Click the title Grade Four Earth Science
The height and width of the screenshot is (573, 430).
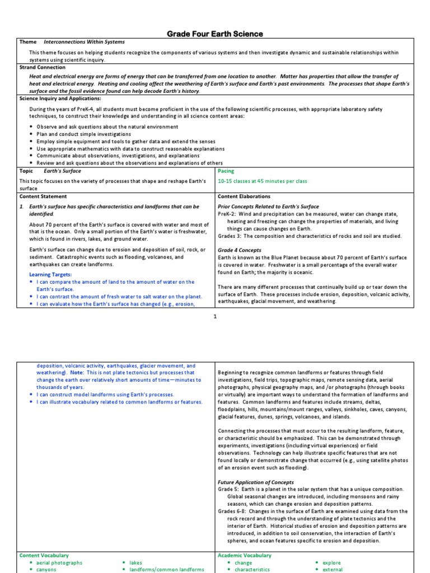click(215, 34)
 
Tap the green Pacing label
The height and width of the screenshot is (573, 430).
click(226, 171)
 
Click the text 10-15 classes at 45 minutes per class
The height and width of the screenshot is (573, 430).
click(263, 181)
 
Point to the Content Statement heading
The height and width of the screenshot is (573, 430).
click(43, 196)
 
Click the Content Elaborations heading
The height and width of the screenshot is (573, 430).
click(244, 196)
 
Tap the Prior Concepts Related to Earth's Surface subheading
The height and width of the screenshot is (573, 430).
click(268, 206)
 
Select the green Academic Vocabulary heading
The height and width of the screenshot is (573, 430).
click(245, 555)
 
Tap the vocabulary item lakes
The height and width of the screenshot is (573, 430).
click(135, 563)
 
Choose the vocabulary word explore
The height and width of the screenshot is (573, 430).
click(331, 563)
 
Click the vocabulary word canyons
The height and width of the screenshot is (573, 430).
click(46, 570)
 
